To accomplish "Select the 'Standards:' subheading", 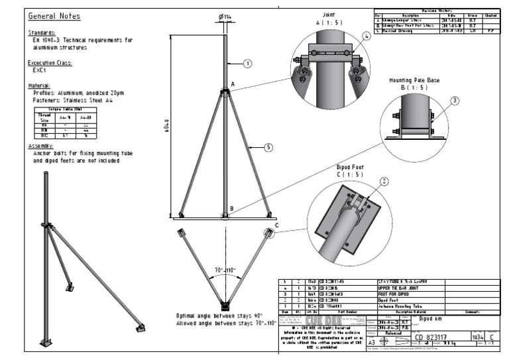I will (41, 32).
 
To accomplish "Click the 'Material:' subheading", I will (40, 86).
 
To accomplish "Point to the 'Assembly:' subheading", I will (40, 145).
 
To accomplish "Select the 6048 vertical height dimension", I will (172, 124).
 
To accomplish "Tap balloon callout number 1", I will (248, 64).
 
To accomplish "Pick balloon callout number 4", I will (367, 37).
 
